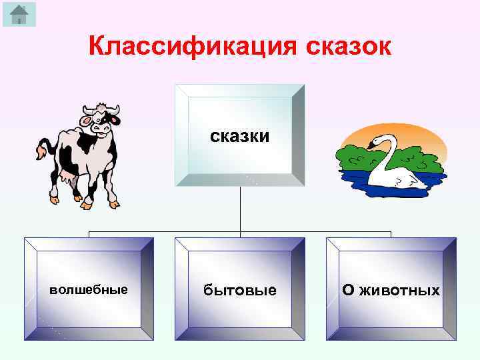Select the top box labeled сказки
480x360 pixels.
coord(240,136)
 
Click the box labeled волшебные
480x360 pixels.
coord(89,290)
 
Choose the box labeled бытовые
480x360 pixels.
coord(240,290)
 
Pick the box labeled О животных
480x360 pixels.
coord(391,290)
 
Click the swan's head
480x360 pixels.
coord(382,140)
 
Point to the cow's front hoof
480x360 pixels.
coord(113,203)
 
